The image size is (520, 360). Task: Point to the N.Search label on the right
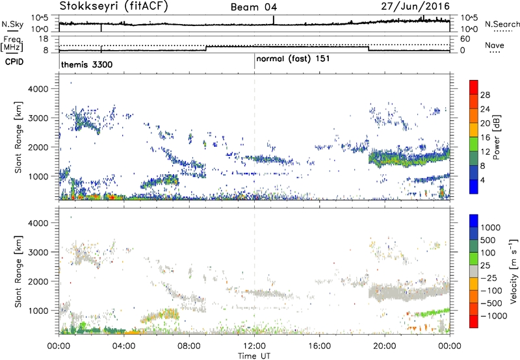[x=502, y=24]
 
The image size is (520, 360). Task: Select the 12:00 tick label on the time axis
[x=254, y=345]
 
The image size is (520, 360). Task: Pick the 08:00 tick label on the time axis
[x=189, y=345]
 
